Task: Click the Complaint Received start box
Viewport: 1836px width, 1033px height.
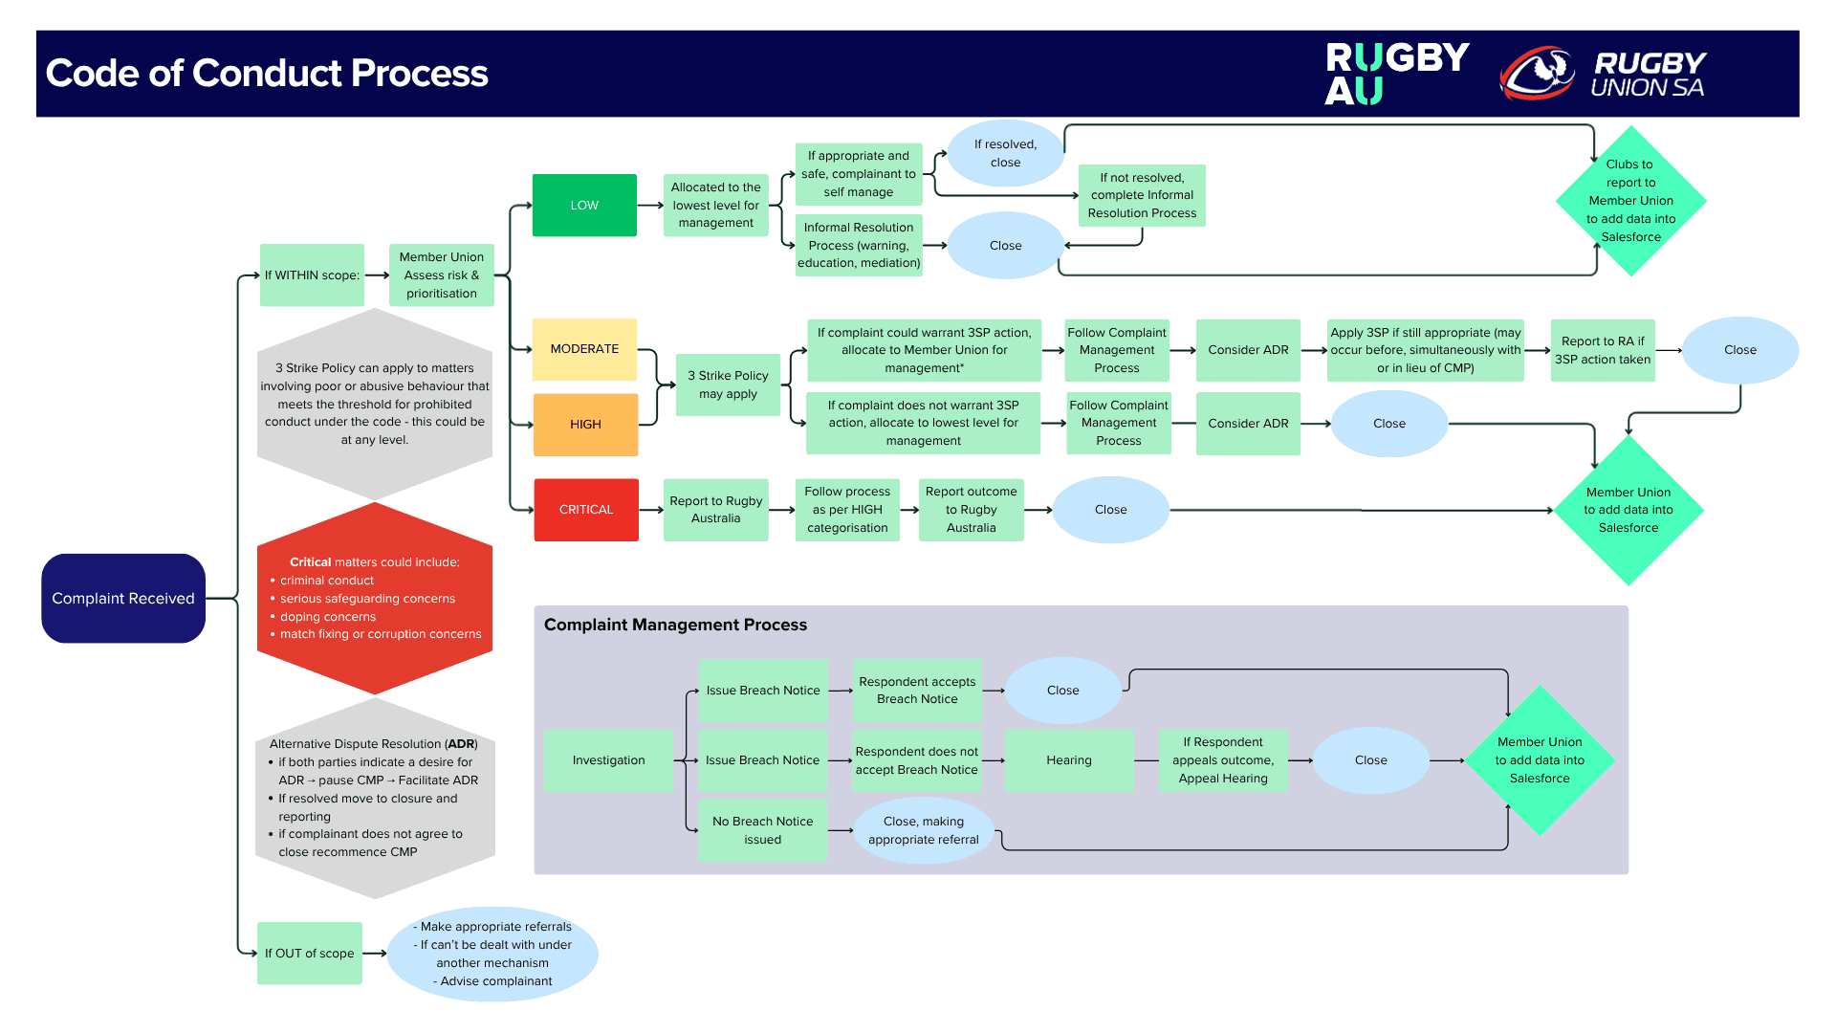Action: (123, 598)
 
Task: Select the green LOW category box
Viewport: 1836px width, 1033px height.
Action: (584, 205)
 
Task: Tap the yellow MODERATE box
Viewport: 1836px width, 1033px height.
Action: (584, 349)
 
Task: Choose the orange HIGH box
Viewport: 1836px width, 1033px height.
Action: (585, 424)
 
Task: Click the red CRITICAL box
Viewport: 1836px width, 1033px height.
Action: (585, 510)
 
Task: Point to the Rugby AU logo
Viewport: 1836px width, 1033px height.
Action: (1395, 73)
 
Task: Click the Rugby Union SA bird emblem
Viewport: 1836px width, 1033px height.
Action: (1537, 73)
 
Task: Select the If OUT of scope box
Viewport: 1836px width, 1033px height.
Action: (309, 953)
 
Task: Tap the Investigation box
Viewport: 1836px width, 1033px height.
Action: (608, 760)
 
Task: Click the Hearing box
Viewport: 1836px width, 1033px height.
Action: (1068, 760)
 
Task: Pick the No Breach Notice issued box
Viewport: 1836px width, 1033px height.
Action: (762, 830)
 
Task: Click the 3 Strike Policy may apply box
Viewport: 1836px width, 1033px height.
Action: (727, 385)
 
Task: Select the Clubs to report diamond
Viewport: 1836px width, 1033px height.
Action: (1630, 201)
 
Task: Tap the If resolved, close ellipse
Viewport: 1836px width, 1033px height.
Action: (1005, 153)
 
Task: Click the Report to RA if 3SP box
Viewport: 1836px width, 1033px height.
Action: (1602, 350)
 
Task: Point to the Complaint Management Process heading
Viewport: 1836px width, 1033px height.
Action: (675, 625)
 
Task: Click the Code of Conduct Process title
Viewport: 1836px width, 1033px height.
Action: (267, 74)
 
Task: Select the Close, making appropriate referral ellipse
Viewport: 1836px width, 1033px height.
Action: (923, 830)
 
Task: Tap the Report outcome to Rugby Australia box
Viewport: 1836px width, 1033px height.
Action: (971, 510)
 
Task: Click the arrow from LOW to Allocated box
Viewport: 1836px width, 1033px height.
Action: (650, 205)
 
